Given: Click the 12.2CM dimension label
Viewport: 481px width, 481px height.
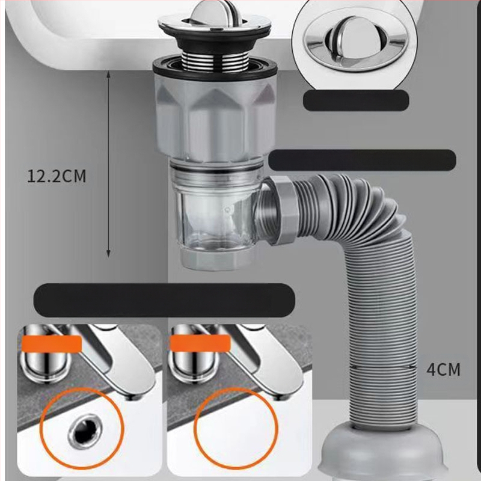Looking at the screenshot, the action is (x=57, y=176).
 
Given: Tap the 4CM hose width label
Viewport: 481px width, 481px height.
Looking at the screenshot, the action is (x=444, y=369).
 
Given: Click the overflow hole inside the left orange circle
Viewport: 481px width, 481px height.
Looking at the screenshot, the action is (x=84, y=428).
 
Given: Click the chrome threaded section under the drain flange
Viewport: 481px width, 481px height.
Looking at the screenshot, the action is (x=215, y=61).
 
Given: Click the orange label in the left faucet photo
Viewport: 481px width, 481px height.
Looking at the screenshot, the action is (x=52, y=343).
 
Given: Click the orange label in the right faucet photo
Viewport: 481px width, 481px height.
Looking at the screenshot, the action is (x=200, y=343).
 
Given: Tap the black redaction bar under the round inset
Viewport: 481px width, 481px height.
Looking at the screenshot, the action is (x=356, y=100).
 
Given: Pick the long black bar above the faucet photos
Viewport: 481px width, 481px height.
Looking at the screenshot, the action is (x=164, y=300).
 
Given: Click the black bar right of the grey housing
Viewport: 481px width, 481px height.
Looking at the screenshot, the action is (x=362, y=160).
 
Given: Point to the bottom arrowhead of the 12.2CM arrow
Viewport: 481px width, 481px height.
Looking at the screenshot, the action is (x=108, y=254).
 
